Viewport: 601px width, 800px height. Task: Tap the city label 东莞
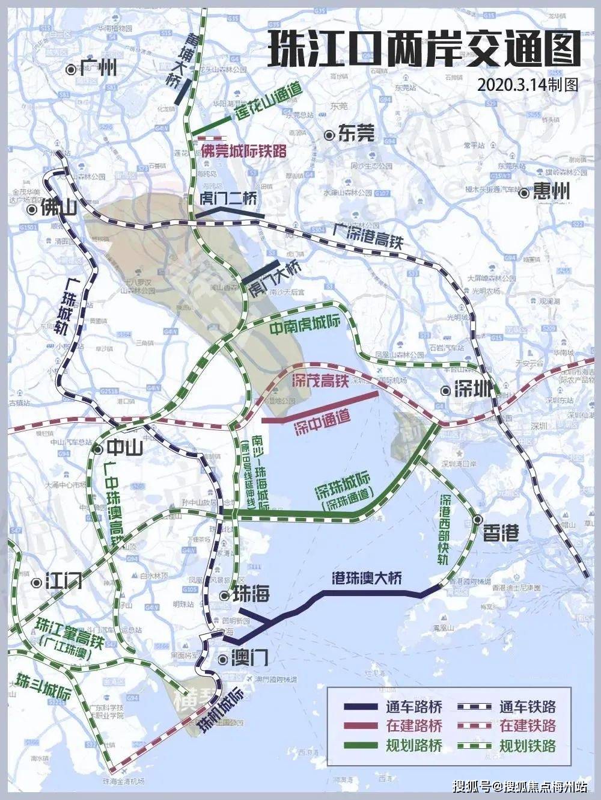click(356, 134)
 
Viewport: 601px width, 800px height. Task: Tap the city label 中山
click(124, 448)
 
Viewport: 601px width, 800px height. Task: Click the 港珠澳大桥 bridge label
click(367, 579)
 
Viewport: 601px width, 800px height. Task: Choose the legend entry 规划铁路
click(527, 746)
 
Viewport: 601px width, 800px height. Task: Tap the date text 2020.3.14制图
click(528, 84)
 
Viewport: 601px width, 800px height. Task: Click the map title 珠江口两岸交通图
click(423, 50)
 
